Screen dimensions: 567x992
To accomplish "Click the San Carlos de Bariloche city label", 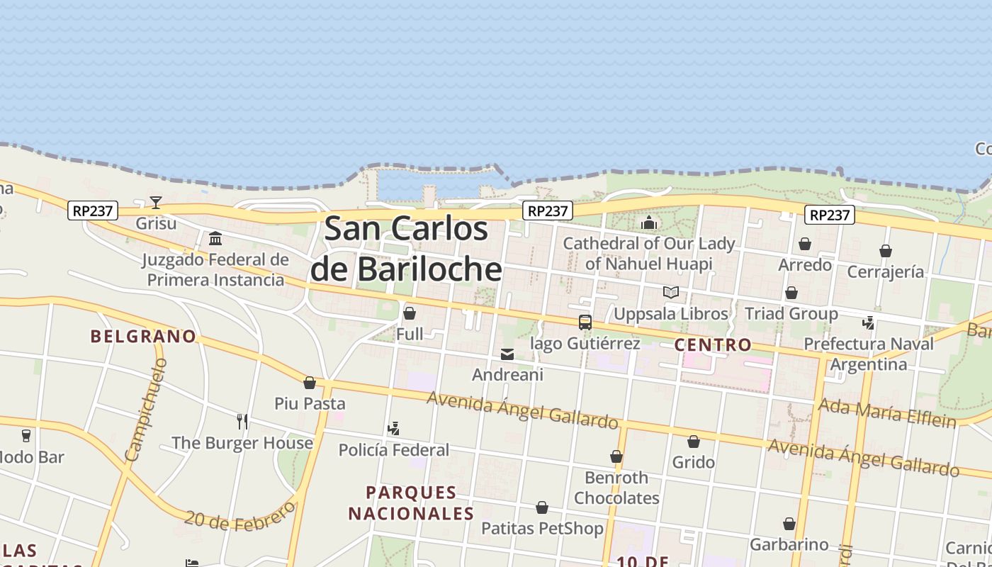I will [x=405, y=249].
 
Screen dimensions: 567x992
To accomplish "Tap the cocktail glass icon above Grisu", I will [x=156, y=203].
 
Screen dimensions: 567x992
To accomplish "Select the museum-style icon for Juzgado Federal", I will [x=215, y=238].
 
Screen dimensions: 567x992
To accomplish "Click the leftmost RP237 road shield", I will [x=93, y=210].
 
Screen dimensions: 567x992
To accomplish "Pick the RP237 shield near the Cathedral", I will [x=548, y=210].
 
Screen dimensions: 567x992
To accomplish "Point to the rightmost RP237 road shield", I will [x=830, y=215].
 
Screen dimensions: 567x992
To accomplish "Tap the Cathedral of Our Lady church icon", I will [x=649, y=223].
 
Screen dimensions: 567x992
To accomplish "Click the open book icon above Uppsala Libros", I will [x=670, y=292].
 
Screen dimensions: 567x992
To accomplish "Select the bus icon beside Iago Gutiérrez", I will [x=585, y=322].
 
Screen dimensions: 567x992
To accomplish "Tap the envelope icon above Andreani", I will [x=507, y=354].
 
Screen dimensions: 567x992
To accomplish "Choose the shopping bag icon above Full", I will [x=410, y=313].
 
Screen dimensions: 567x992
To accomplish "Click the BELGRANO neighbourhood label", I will [x=143, y=336].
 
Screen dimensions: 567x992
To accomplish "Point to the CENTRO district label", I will [x=713, y=345].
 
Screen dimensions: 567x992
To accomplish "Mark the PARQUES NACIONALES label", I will [x=411, y=503].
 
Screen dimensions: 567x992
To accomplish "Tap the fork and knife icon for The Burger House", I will [x=242, y=422].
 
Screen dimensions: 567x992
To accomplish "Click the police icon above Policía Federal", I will [x=394, y=429].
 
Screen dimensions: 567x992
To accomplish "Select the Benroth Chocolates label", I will [x=616, y=488].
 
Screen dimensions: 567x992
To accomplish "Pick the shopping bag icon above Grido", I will [x=694, y=442].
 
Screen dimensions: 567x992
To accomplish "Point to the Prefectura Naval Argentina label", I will [x=869, y=354].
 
